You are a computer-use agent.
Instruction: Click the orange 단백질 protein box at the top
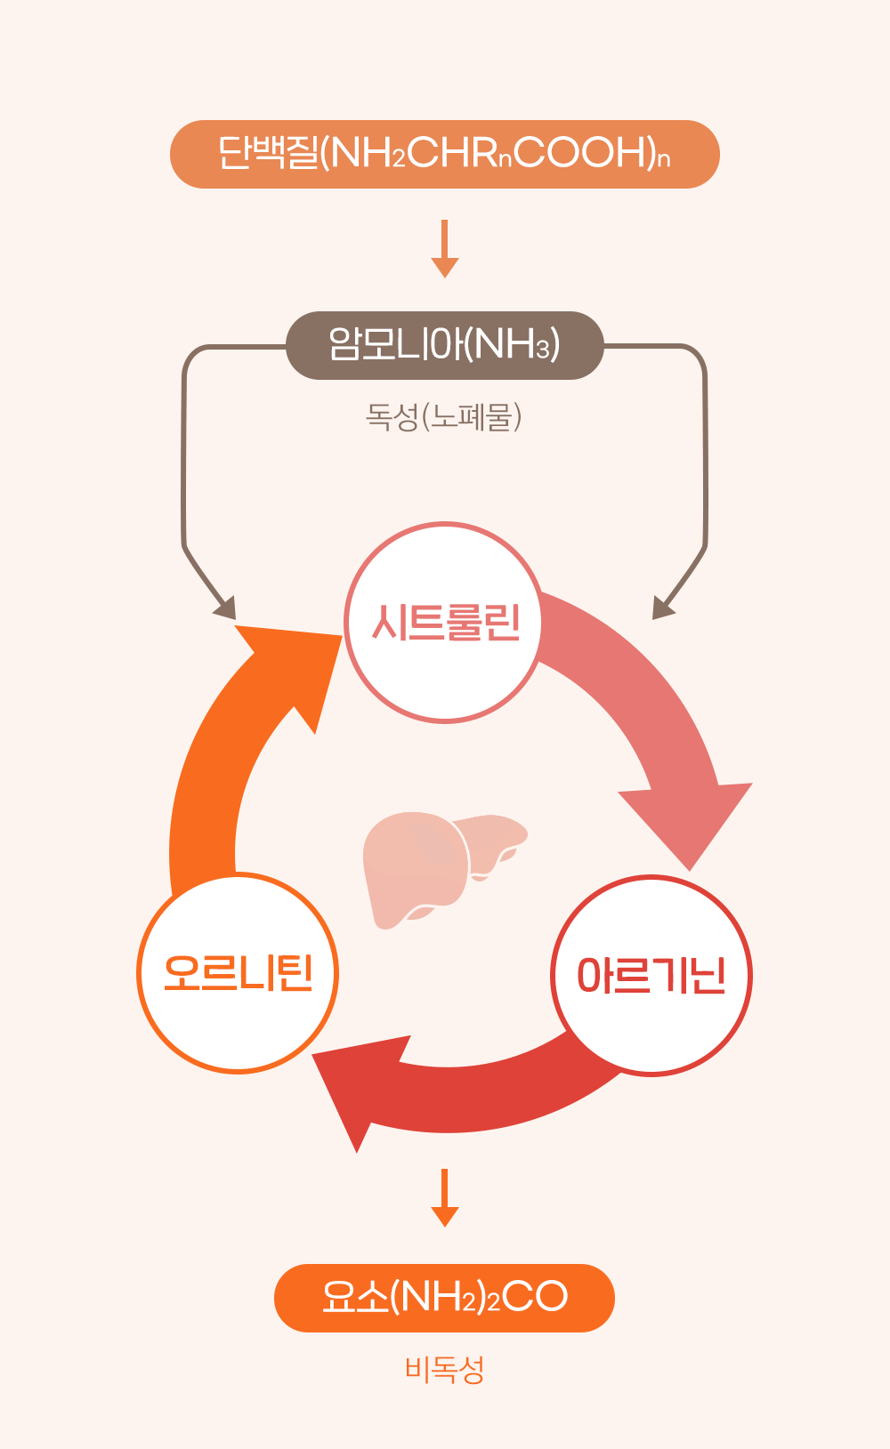444,154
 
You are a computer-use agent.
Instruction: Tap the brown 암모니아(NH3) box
444,345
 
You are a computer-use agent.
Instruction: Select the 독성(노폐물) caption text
443,416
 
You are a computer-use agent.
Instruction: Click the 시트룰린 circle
444,622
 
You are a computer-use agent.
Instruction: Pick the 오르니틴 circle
238,972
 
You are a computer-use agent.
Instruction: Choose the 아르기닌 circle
651,975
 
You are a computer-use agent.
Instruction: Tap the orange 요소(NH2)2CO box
444,1297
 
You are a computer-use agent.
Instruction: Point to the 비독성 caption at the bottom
444,1369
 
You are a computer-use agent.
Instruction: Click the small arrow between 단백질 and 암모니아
444,248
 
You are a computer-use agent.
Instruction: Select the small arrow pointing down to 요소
444,1197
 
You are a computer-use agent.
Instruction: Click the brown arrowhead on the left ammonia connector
225,608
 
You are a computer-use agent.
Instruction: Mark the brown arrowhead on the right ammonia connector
663,608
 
